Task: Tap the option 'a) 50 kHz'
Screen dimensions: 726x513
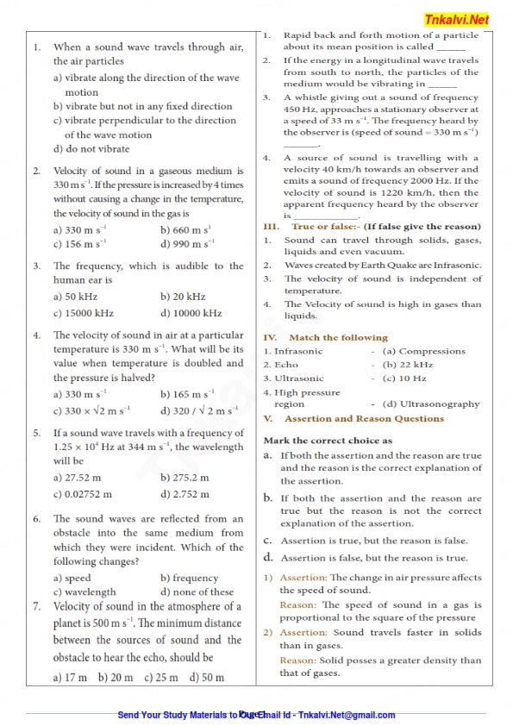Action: point(77,296)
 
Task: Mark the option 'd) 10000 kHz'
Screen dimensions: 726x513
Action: point(191,313)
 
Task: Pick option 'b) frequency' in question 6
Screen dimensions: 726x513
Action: point(190,578)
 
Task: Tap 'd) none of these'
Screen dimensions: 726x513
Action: point(197,592)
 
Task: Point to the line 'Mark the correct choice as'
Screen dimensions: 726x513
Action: point(327,441)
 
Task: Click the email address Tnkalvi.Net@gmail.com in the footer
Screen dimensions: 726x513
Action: point(346,715)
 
